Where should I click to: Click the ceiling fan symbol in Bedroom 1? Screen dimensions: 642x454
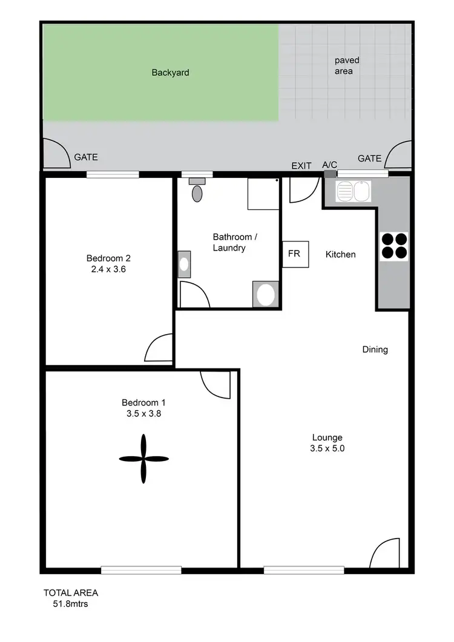[x=143, y=458]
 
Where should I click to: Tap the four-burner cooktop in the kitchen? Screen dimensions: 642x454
[x=393, y=246]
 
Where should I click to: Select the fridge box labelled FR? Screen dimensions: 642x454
[x=295, y=254]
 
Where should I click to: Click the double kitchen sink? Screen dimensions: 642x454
[x=353, y=192]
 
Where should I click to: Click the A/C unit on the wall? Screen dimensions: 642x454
[x=329, y=174]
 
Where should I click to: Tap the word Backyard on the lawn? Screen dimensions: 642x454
[x=170, y=73]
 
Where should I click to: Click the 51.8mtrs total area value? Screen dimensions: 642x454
[x=70, y=603]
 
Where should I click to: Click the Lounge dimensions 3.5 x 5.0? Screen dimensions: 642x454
[x=327, y=448]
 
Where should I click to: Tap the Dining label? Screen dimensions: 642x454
[x=375, y=349]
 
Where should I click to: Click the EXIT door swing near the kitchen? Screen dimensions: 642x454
[x=303, y=189]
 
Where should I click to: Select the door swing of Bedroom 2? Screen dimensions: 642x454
[x=159, y=349]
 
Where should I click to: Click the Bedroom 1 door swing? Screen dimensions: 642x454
[x=216, y=384]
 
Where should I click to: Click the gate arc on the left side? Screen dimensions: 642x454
[x=56, y=154]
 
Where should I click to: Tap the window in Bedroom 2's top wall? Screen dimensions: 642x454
[x=113, y=174]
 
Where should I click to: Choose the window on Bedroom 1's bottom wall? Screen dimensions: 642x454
[x=141, y=569]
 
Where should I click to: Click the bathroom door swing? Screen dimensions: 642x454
[x=194, y=295]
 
